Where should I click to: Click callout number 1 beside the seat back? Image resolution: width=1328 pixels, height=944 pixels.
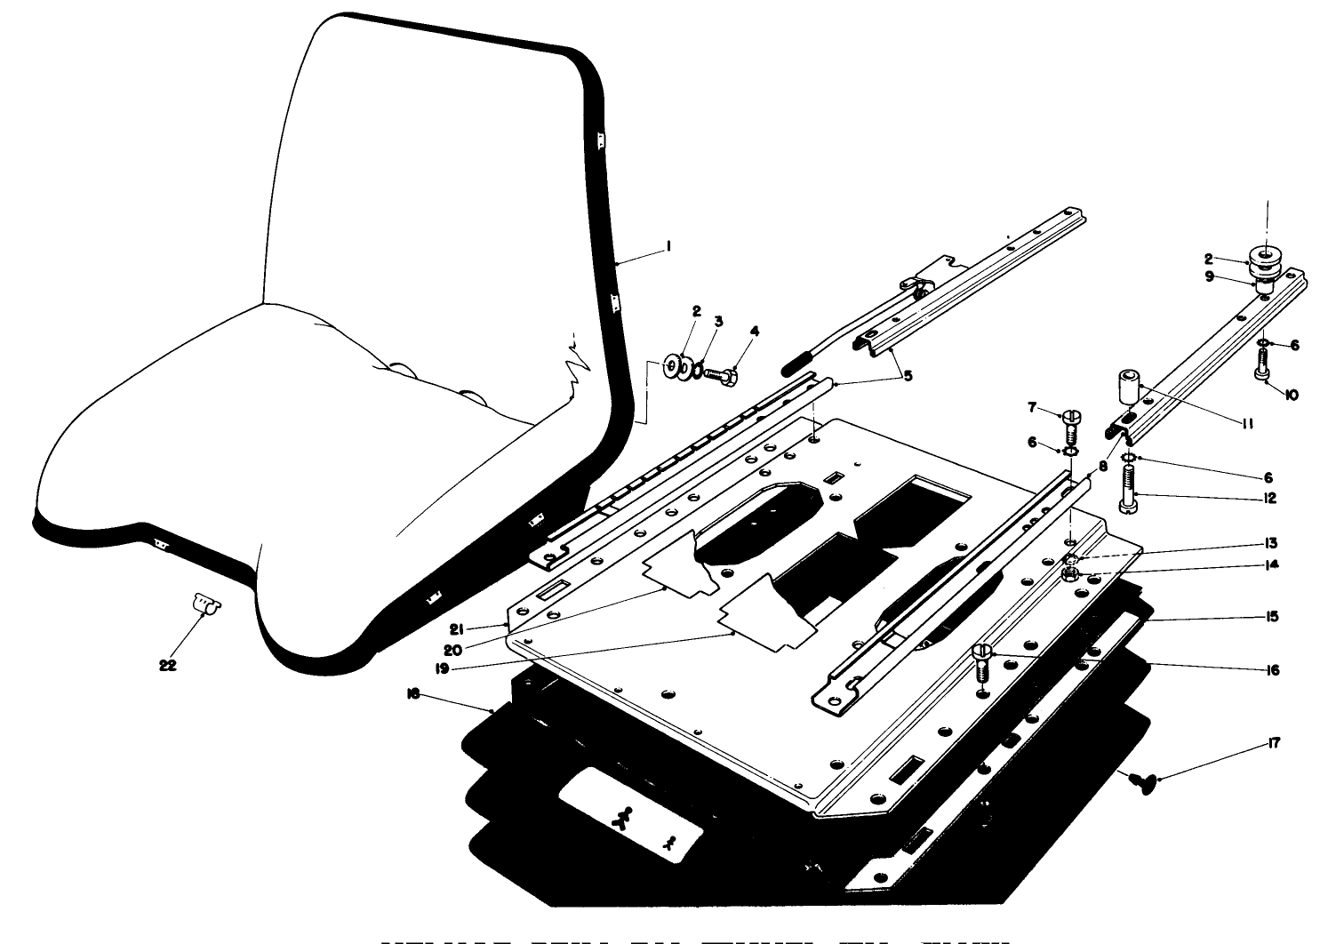[668, 252]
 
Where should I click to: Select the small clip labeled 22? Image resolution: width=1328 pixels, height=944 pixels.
[206, 606]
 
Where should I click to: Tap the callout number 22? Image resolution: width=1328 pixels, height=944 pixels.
[168, 664]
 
